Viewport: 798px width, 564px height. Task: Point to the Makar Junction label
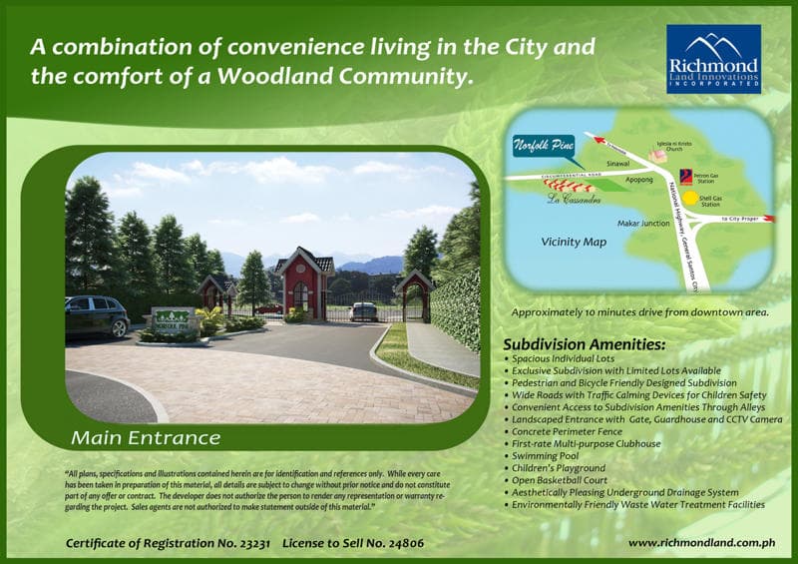click(642, 224)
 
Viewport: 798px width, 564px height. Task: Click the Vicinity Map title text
click(574, 242)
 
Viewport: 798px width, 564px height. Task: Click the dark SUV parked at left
click(97, 315)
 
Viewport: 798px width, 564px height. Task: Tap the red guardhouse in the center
click(305, 284)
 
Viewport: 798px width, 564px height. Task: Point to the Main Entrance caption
click(146, 437)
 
